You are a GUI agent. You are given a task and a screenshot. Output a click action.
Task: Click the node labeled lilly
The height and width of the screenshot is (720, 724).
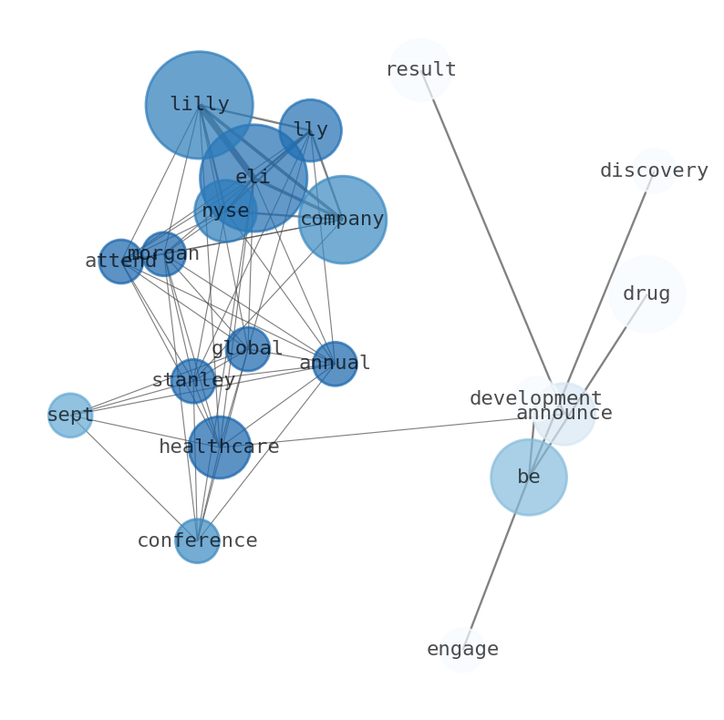tap(199, 105)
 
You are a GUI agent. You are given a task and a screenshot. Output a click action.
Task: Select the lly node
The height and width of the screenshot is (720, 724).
tap(310, 130)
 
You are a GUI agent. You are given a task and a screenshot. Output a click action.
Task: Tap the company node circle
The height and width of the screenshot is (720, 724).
tap(342, 220)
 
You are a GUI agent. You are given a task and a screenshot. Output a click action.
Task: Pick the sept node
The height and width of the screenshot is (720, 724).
tap(70, 416)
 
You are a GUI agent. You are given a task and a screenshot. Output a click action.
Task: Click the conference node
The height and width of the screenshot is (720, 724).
tap(197, 540)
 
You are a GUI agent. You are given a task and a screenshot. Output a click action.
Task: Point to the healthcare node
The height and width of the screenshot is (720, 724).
tap(219, 447)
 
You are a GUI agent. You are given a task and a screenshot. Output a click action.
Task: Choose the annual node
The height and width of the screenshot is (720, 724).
tap(335, 364)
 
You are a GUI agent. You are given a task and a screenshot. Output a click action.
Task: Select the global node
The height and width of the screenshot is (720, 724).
tap(247, 349)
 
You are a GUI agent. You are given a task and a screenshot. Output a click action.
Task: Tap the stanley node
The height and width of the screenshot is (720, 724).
tap(193, 381)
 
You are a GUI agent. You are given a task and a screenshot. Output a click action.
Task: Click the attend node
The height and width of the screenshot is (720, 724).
tap(121, 262)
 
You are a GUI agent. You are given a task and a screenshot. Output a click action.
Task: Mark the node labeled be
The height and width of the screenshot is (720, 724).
tap(529, 478)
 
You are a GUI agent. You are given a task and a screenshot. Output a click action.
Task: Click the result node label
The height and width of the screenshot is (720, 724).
tap(420, 70)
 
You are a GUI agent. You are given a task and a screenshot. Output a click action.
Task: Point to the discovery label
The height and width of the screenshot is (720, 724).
tap(654, 171)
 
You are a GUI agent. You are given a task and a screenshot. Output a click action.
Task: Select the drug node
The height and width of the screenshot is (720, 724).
tap(646, 294)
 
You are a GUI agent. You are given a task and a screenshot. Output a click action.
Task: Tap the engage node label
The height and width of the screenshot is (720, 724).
tap(462, 650)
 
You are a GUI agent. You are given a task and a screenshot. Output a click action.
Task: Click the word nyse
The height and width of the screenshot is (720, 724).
tap(225, 211)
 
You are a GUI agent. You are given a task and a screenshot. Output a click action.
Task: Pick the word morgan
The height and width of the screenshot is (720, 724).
tap(163, 254)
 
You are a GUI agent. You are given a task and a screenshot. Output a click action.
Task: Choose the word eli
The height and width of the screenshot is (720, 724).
tap(253, 178)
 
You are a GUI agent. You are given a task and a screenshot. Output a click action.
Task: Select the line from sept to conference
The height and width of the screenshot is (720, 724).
tap(133, 478)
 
